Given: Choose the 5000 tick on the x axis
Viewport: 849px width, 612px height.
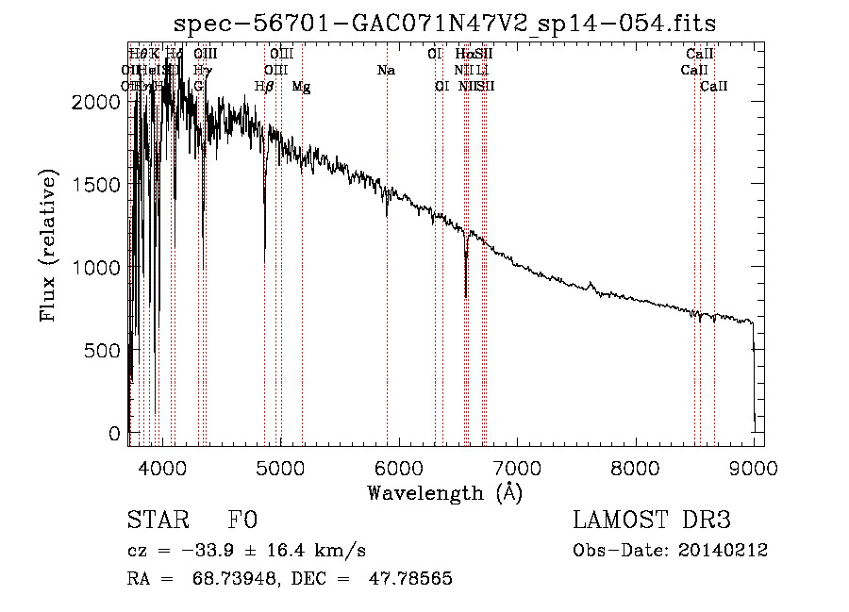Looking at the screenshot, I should click(279, 467).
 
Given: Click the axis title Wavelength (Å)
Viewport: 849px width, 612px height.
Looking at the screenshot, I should click(444, 491).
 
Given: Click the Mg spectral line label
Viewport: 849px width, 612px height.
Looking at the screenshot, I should click(301, 87).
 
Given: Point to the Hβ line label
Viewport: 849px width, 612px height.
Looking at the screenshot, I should click(265, 87).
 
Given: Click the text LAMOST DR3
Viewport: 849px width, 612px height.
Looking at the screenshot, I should click(652, 521).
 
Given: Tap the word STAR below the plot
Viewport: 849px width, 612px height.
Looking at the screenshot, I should click(158, 521).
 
